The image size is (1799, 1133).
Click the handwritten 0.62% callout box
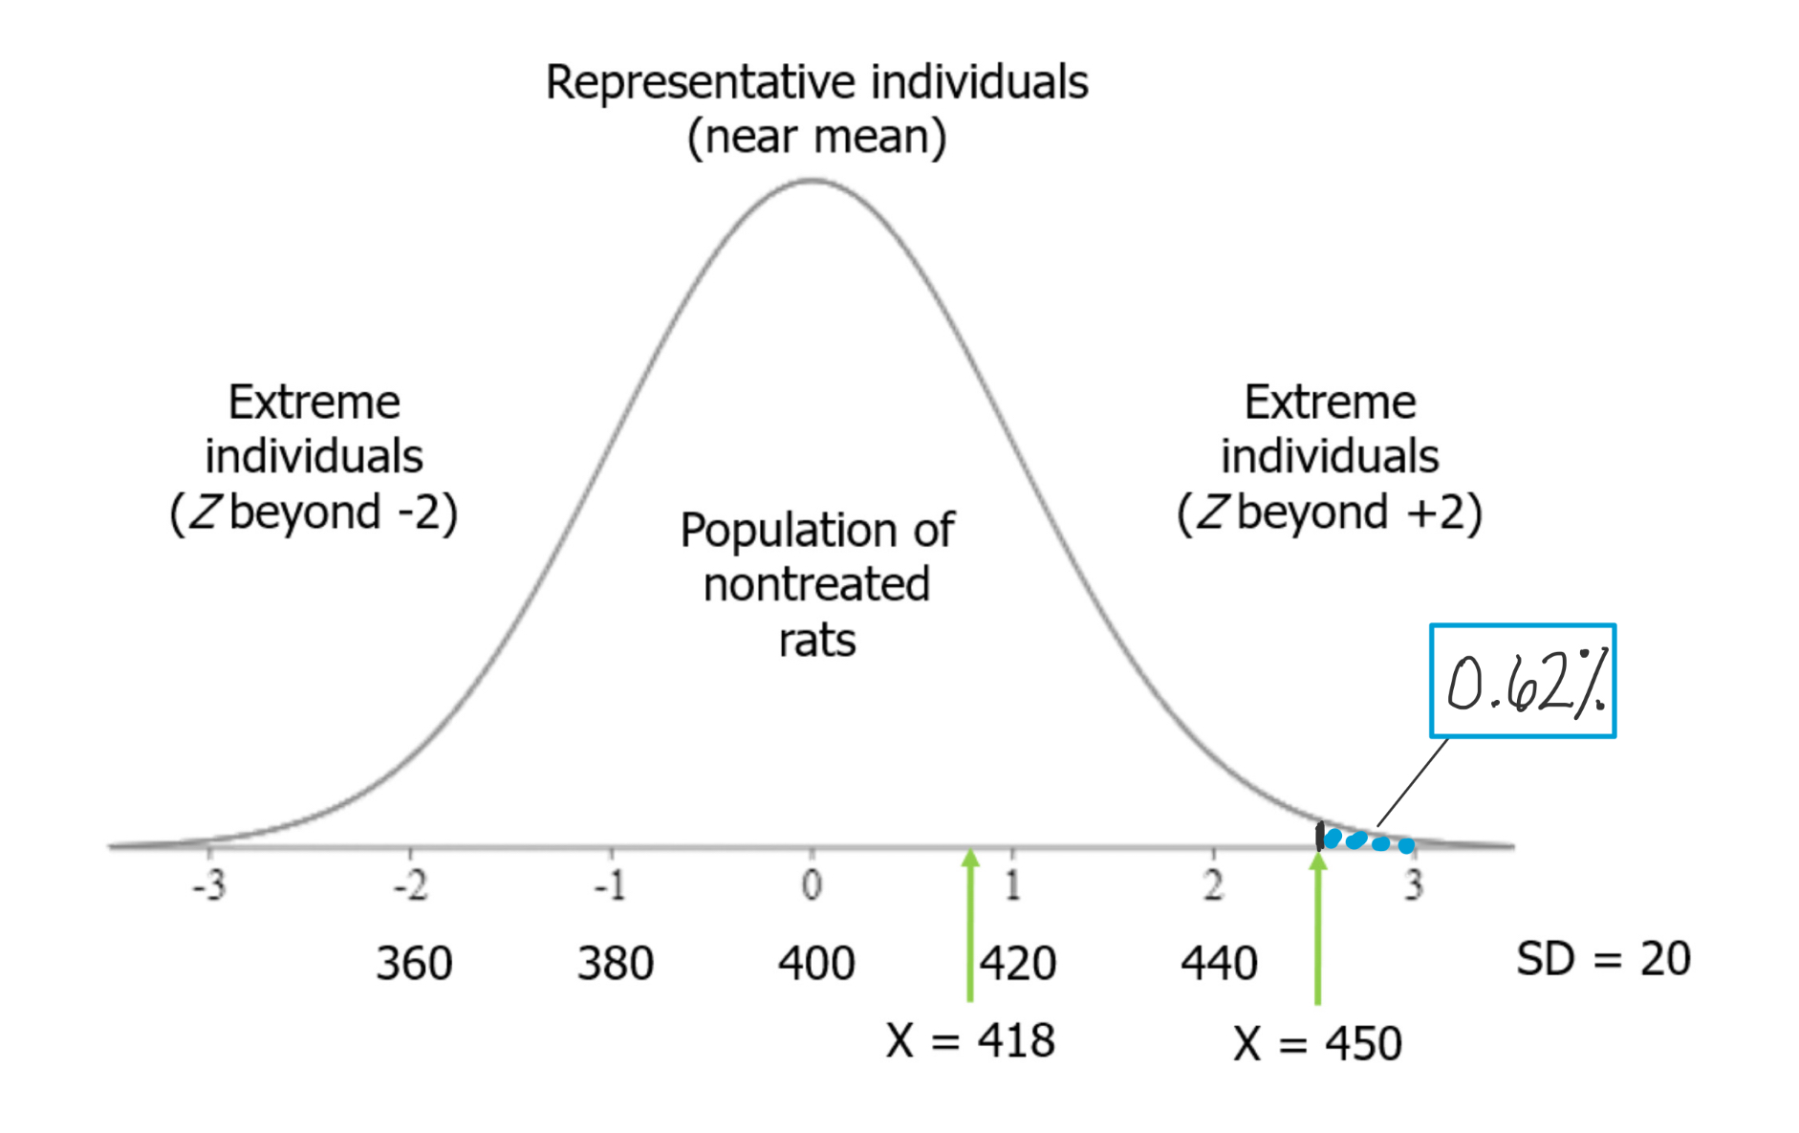(x=1522, y=681)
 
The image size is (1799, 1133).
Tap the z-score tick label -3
(x=209, y=885)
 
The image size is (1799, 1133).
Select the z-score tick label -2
(x=410, y=885)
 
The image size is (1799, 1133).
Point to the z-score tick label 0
(x=812, y=885)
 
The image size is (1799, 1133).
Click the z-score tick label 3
(x=1414, y=885)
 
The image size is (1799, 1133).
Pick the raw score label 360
(x=414, y=963)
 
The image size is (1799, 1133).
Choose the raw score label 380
(x=616, y=963)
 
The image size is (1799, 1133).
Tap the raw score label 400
(x=816, y=963)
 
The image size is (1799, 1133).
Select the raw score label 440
(x=1219, y=963)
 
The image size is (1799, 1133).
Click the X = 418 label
(x=970, y=1040)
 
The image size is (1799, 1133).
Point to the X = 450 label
(x=1317, y=1043)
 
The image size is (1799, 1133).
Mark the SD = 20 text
(x=1603, y=958)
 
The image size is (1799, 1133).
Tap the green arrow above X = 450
(x=1318, y=927)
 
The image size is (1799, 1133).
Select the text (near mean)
(x=816, y=137)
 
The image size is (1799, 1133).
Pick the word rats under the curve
(x=816, y=641)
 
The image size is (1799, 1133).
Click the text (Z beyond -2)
(x=314, y=512)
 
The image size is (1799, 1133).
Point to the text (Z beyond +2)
(x=1330, y=512)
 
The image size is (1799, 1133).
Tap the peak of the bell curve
(x=812, y=180)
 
